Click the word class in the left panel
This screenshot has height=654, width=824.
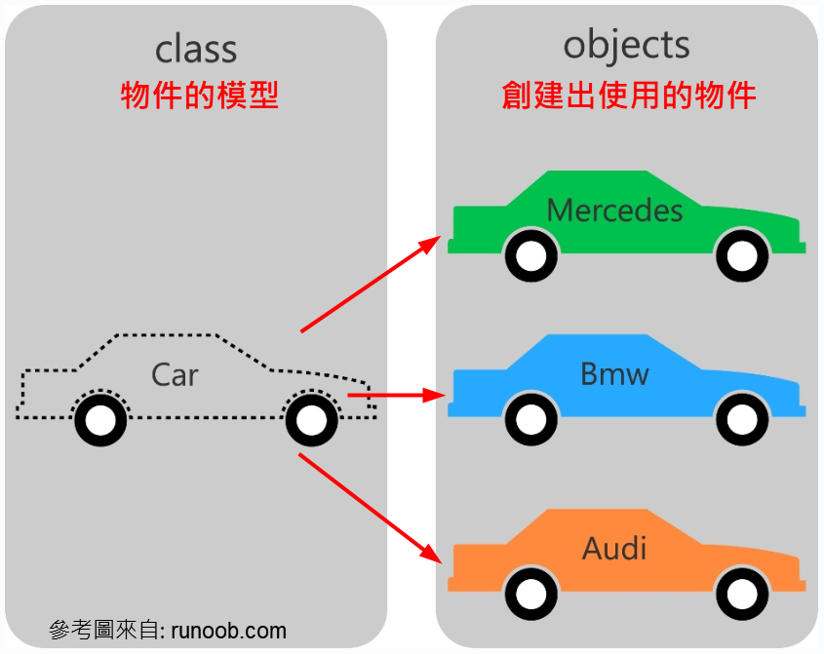coord(195,49)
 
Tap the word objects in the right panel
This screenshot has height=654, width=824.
coord(626,46)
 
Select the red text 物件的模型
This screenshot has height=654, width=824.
coord(200,96)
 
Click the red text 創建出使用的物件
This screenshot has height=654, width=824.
coord(629,96)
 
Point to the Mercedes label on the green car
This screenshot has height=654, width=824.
coord(614,210)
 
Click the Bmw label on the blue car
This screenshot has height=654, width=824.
coord(614,374)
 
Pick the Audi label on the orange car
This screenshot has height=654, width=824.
coord(614,548)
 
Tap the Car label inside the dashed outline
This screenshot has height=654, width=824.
coord(175,375)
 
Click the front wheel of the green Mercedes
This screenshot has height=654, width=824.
coord(740,255)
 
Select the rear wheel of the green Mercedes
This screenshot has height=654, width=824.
coord(530,255)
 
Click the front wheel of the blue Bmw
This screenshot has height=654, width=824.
coord(740,420)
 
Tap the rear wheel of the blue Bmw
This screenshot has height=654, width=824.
coord(530,420)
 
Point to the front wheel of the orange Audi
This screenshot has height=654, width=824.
coord(740,593)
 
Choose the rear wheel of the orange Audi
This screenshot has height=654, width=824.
coord(530,593)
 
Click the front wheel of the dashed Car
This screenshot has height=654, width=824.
coord(311,420)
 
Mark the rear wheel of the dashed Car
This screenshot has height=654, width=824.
coord(100,420)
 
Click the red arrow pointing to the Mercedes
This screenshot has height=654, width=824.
coord(371,284)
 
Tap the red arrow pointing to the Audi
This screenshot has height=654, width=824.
coord(371,507)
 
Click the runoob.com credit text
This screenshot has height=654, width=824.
coord(168,630)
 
